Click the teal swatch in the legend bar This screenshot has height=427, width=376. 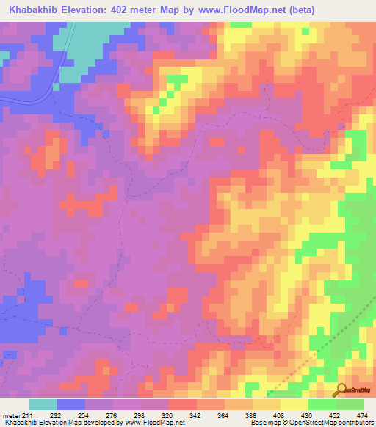pyautogui.click(x=43, y=404)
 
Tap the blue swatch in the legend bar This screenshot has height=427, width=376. pyautogui.click(x=71, y=404)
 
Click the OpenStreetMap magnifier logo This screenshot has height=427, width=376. pyautogui.click(x=343, y=390)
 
